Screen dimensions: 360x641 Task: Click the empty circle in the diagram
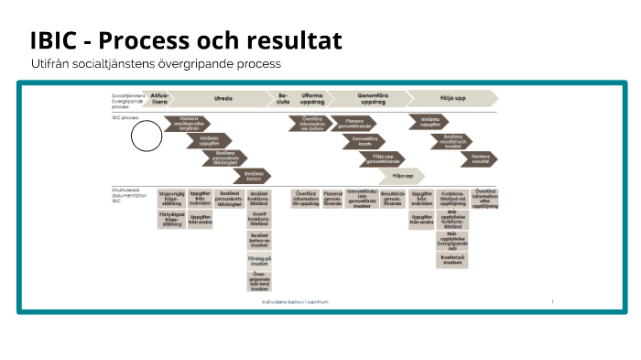[146, 136]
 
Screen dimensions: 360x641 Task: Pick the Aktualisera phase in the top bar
[160, 98]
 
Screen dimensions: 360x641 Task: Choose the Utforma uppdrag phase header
[312, 98]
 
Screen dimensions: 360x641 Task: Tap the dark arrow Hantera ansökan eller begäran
[188, 123]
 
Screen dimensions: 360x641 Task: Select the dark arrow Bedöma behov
[254, 175]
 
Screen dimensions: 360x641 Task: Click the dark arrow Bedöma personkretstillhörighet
[231, 158]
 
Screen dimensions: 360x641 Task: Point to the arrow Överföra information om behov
[311, 123]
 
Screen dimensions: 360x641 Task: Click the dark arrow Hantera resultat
[481, 158]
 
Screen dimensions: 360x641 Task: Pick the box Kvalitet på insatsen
[451, 259]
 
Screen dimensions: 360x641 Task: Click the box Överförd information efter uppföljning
[484, 200]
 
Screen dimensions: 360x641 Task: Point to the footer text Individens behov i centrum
[295, 300]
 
